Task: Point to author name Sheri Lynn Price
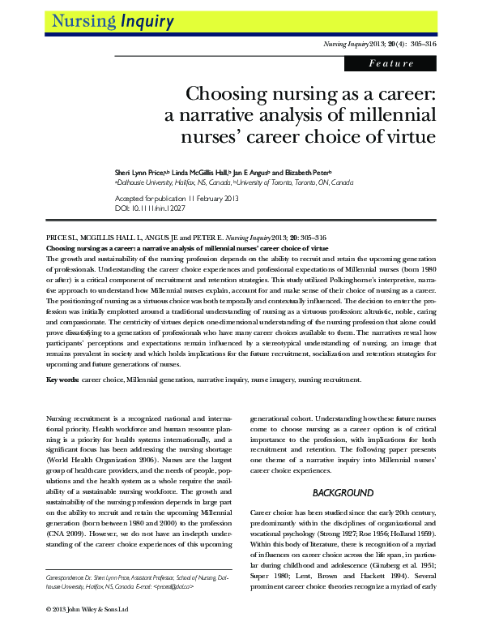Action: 140,173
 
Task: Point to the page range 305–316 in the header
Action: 420,42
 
